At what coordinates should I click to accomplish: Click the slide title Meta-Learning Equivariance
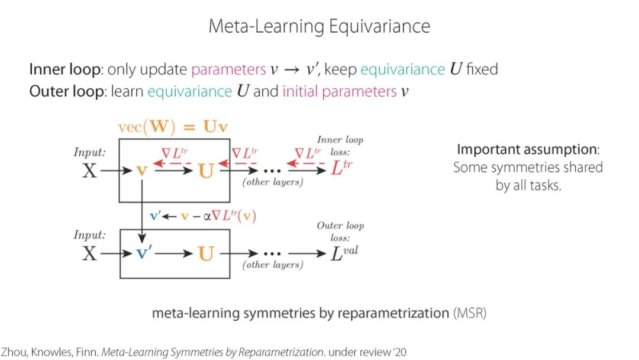pos(319,26)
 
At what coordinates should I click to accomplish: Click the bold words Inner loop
pos(64,69)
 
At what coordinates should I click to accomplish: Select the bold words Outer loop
pos(66,92)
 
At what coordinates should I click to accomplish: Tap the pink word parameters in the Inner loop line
pos(228,69)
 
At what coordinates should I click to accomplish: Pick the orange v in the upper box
pos(141,171)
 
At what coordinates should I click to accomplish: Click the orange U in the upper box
pos(205,171)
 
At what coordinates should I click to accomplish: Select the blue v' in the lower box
pos(144,253)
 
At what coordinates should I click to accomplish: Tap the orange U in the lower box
pos(205,253)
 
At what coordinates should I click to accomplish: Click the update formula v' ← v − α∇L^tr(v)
pos(202,216)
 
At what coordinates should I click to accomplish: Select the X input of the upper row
pos(89,171)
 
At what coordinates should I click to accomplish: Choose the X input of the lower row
pos(89,253)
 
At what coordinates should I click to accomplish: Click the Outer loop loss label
pos(340,231)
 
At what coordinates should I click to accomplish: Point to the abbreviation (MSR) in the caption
pos(470,313)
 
